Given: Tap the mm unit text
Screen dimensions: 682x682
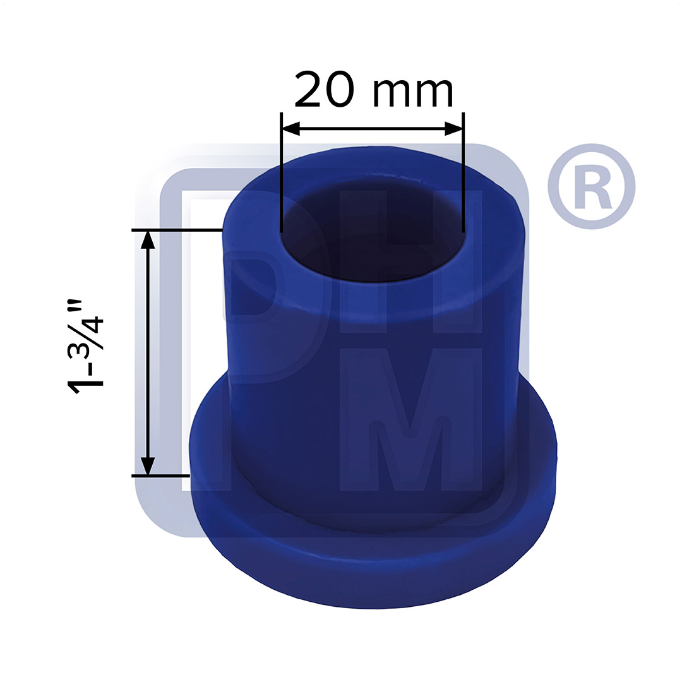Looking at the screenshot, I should coord(413,92).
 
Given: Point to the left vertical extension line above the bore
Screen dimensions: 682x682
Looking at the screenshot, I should coord(281,170).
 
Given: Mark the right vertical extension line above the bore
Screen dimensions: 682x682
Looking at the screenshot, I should coord(463,170).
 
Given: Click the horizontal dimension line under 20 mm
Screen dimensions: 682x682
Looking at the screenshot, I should coord(373,129).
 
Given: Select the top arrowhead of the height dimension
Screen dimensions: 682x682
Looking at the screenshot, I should coord(147,239).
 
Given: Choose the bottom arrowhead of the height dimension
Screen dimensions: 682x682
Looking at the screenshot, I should coord(147,465).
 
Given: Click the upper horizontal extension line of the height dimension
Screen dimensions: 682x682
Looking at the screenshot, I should coord(177,230).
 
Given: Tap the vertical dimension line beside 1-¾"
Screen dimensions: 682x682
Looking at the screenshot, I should coord(147,354).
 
